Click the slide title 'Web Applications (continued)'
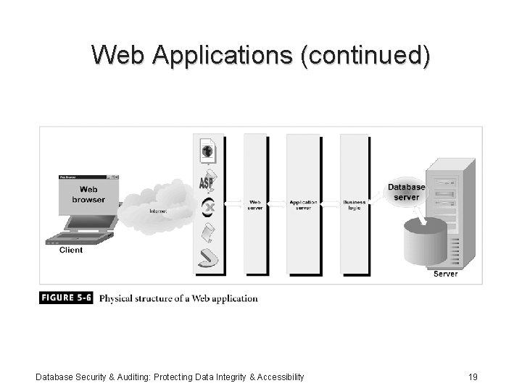[x=260, y=54]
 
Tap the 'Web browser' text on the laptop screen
[x=88, y=194]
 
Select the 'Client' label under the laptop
[x=71, y=250]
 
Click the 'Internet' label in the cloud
[x=158, y=211]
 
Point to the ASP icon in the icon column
[x=207, y=181]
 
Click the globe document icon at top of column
[x=207, y=151]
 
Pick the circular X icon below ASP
[x=208, y=206]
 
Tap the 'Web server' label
[x=255, y=205]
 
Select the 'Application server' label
[x=304, y=205]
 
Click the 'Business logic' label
[x=355, y=205]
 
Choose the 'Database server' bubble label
[x=407, y=192]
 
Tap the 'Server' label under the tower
[x=445, y=274]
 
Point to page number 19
[x=473, y=377]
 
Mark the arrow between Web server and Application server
[x=278, y=205]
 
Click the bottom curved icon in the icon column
[x=208, y=258]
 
